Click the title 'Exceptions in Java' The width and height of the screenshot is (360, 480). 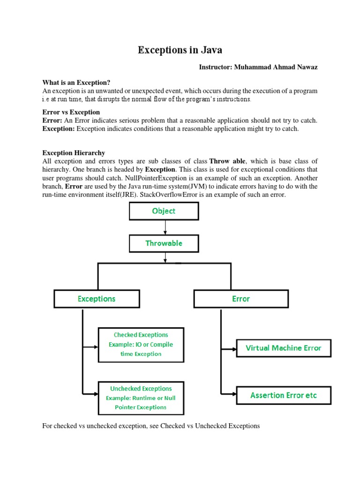(x=180, y=50)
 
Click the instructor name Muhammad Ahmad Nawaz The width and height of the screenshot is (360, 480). (x=258, y=67)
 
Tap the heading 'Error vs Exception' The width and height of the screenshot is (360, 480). (x=71, y=112)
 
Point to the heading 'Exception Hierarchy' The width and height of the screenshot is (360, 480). (x=74, y=153)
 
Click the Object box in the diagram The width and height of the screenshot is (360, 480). (x=164, y=211)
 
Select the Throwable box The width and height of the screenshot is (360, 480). (x=164, y=243)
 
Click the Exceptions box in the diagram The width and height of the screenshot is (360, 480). (x=97, y=299)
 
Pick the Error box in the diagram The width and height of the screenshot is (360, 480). (x=241, y=299)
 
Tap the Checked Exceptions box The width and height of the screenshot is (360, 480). (x=141, y=345)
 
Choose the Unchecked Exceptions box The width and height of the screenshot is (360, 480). (x=141, y=398)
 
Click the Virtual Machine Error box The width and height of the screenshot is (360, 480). (x=284, y=348)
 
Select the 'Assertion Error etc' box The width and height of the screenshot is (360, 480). (x=284, y=395)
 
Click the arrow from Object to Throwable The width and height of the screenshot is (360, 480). (x=165, y=227)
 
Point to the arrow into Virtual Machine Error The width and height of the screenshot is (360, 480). (x=228, y=349)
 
